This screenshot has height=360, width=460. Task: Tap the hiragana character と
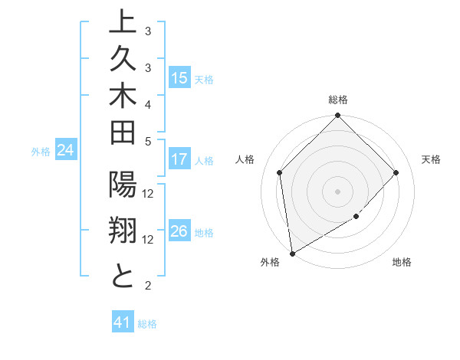point(122,276)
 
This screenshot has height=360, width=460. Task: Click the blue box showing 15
point(179,77)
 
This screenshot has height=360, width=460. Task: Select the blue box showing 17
point(179,159)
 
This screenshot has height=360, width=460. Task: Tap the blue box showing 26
point(179,231)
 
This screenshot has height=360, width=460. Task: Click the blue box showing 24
point(66,150)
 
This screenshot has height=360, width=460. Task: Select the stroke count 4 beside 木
point(148,103)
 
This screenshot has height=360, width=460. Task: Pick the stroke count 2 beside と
point(148,286)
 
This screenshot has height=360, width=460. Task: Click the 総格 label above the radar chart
point(337,100)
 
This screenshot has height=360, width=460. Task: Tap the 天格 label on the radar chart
point(431,159)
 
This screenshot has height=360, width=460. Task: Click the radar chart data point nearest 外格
point(291,253)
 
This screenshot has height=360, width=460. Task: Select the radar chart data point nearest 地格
point(356,217)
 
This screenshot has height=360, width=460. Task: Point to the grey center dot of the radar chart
point(337,191)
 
